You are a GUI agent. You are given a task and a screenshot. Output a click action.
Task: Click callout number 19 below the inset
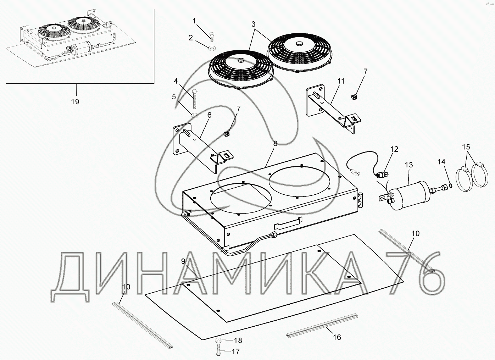[75, 102]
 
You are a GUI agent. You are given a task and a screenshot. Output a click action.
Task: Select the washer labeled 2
[212, 48]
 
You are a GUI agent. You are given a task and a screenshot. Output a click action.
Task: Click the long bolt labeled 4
[194, 99]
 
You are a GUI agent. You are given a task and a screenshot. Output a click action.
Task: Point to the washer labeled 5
[194, 115]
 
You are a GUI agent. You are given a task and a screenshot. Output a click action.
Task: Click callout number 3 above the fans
[253, 24]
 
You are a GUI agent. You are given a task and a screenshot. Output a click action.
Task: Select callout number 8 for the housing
[275, 144]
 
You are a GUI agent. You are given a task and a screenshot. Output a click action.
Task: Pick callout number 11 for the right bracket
[341, 81]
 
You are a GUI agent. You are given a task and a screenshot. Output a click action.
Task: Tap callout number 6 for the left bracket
[209, 115]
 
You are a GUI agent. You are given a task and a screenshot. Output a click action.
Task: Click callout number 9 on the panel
[183, 261]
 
